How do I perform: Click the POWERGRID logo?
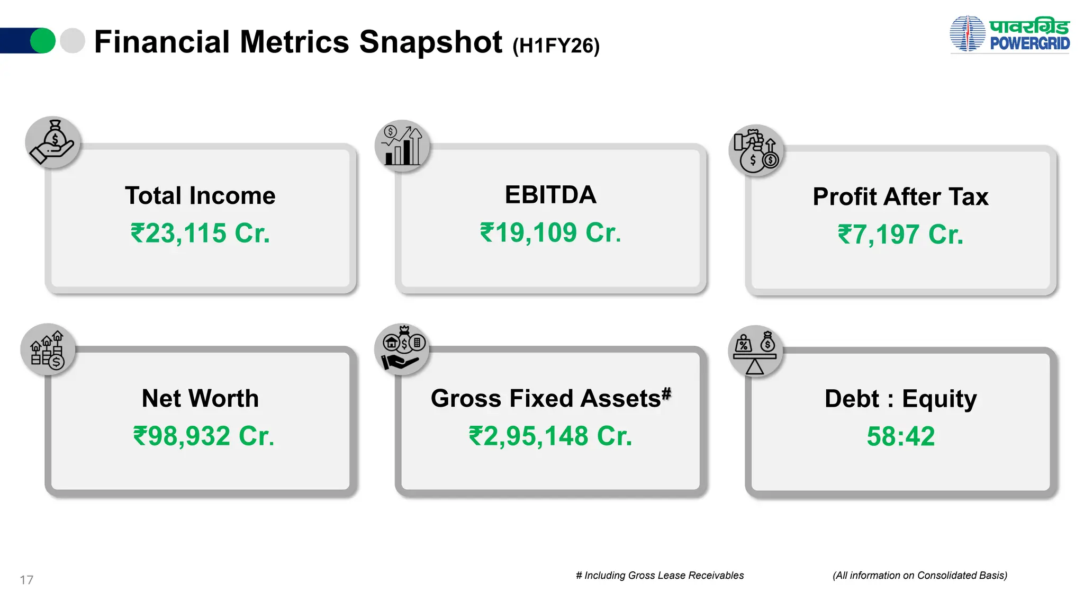tap(1009, 34)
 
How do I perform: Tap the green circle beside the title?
tap(42, 41)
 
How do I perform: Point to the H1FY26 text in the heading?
tap(556, 46)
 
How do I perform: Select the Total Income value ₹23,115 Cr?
tap(200, 234)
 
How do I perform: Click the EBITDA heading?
tap(550, 195)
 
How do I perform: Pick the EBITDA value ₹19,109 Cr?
tap(550, 233)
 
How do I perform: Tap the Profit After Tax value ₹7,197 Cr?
tap(900, 235)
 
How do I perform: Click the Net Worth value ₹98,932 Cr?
tap(204, 436)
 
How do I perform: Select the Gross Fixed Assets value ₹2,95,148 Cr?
tap(550, 436)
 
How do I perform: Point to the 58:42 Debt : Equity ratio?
tap(900, 436)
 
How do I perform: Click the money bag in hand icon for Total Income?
tap(53, 142)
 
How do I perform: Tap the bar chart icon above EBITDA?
tap(402, 146)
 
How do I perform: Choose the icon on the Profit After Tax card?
tap(756, 150)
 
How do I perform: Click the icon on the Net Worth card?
tap(48, 349)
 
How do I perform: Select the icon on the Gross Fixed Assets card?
tap(402, 349)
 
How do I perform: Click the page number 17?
tap(26, 580)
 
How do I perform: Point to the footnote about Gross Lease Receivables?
tap(660, 576)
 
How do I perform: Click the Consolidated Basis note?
tap(919, 576)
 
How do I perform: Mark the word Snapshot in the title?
tap(430, 42)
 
